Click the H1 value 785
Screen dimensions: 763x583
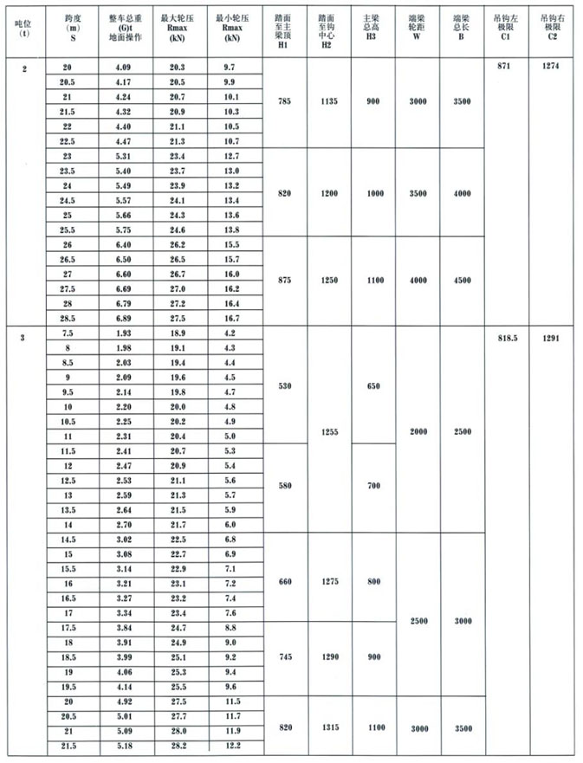283,101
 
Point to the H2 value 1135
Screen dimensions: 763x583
328,101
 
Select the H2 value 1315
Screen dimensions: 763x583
328,729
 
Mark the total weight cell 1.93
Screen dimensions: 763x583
125,333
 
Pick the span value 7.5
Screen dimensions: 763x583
67,333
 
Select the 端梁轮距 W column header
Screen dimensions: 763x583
418,27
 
